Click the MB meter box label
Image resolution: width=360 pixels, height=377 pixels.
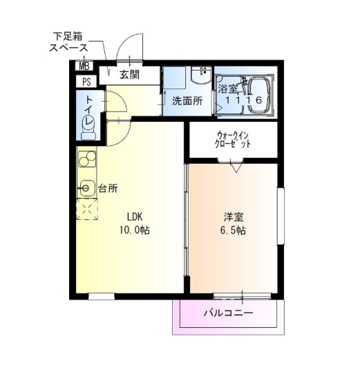[84, 66]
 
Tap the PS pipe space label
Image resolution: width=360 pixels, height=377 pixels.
[86, 82]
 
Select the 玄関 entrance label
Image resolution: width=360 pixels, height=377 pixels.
[130, 75]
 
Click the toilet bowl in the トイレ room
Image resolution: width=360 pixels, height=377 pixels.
[88, 127]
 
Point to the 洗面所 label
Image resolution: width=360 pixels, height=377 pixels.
[187, 101]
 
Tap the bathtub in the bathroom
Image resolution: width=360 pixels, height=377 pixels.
[260, 95]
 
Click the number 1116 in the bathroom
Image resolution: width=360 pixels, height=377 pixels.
[243, 100]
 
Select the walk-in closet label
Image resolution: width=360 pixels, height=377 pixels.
[232, 140]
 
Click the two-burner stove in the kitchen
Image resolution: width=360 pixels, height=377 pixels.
[87, 159]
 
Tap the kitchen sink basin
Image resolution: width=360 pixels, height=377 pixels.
[86, 187]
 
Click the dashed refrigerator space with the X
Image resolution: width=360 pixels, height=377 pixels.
[87, 209]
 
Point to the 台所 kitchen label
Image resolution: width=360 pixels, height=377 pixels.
[108, 188]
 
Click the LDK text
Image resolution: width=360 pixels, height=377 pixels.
[135, 217]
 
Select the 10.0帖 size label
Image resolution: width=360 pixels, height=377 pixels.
[135, 230]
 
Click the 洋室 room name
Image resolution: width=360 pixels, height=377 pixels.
[234, 217]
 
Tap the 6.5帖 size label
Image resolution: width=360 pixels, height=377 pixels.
[233, 230]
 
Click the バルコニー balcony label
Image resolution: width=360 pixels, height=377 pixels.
[229, 313]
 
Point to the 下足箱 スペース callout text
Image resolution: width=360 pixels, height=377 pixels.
[68, 42]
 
